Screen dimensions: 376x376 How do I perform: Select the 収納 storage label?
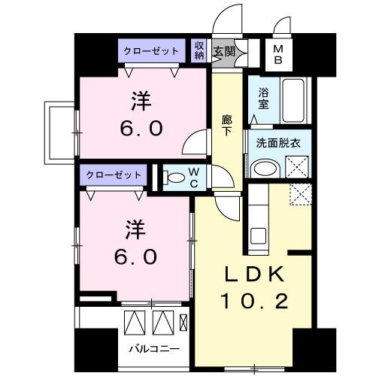point(199,50)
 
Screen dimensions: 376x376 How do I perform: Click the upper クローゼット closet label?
point(151,51)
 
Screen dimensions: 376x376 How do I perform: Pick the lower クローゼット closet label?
point(114,174)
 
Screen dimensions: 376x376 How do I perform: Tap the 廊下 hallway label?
point(226,124)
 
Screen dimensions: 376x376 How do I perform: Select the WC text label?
point(194,179)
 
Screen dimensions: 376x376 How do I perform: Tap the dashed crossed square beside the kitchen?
point(300,194)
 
